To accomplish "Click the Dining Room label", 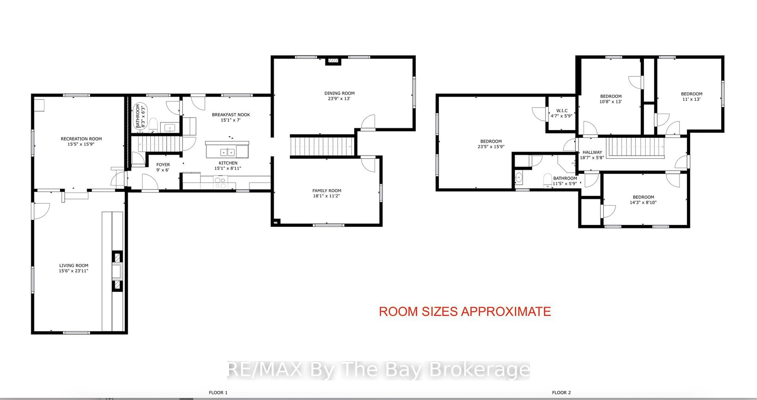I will tap(339, 93).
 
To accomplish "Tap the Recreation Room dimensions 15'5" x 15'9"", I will tap(81, 144).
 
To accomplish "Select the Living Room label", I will tap(74, 265).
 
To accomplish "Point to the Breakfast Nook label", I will tap(231, 115).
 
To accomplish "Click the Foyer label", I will tap(163, 165).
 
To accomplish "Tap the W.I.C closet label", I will tap(562, 111).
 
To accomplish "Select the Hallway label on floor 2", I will tap(592, 152).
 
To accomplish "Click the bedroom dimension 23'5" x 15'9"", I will tap(491, 146).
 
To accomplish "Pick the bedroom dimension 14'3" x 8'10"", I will tap(643, 202).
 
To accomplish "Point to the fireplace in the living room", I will tap(117, 271).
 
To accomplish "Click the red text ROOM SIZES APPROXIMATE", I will tap(465, 311).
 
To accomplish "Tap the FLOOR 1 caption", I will tap(218, 392).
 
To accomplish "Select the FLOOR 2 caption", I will tap(561, 392).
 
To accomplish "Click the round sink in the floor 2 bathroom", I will tap(519, 178).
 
